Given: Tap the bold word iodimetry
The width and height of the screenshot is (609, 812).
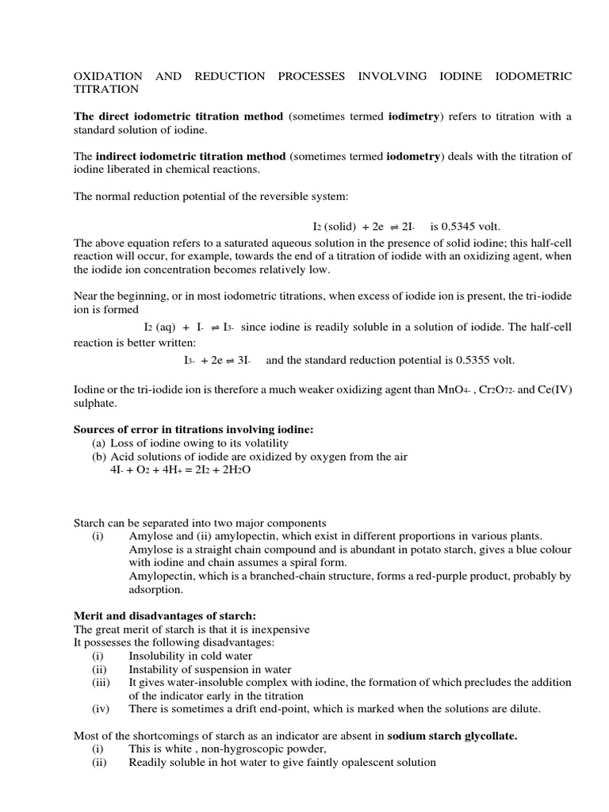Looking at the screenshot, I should point(413,117).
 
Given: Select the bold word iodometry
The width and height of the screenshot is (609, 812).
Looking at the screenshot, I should point(412,156).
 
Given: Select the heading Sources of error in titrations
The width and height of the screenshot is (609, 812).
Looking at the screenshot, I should point(193,429).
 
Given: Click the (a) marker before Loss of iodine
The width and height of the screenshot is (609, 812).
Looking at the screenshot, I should point(99,442).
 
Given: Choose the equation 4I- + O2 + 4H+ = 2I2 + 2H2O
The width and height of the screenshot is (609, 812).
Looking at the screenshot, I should point(180,469).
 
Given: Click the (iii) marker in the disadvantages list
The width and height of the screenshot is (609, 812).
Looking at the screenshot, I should point(101,682).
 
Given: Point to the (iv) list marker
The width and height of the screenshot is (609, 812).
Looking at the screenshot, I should point(101,708).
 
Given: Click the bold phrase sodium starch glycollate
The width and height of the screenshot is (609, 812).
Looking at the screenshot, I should point(452,736).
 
